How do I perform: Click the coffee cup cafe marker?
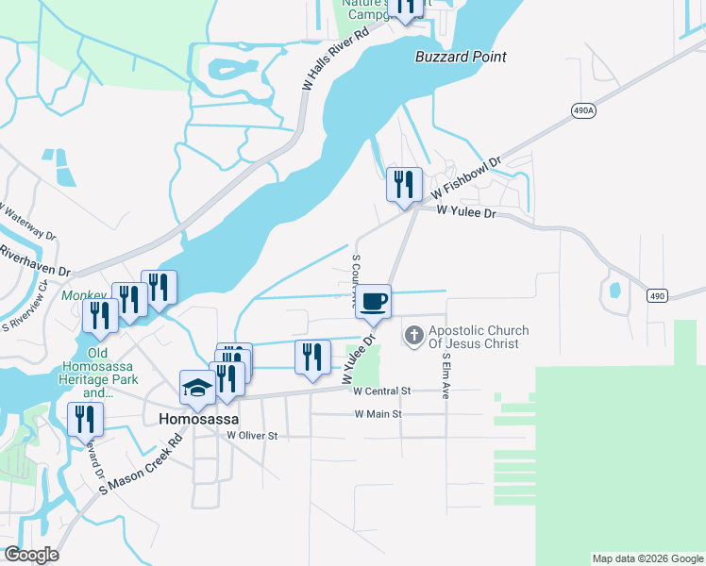coord(375,301)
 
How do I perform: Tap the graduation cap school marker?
coord(197,387)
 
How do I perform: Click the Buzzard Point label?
coord(461,57)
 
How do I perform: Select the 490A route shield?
coord(583,110)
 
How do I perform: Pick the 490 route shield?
coord(658,296)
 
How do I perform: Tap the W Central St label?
coord(383,391)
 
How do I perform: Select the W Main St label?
coord(378,414)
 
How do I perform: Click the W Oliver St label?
coord(252,436)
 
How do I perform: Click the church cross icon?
coord(413,335)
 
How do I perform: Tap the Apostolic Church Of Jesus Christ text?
coord(479,337)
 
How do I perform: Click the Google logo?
coord(30,555)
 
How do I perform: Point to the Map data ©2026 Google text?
coord(647,558)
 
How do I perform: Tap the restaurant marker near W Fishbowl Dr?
coord(404,185)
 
